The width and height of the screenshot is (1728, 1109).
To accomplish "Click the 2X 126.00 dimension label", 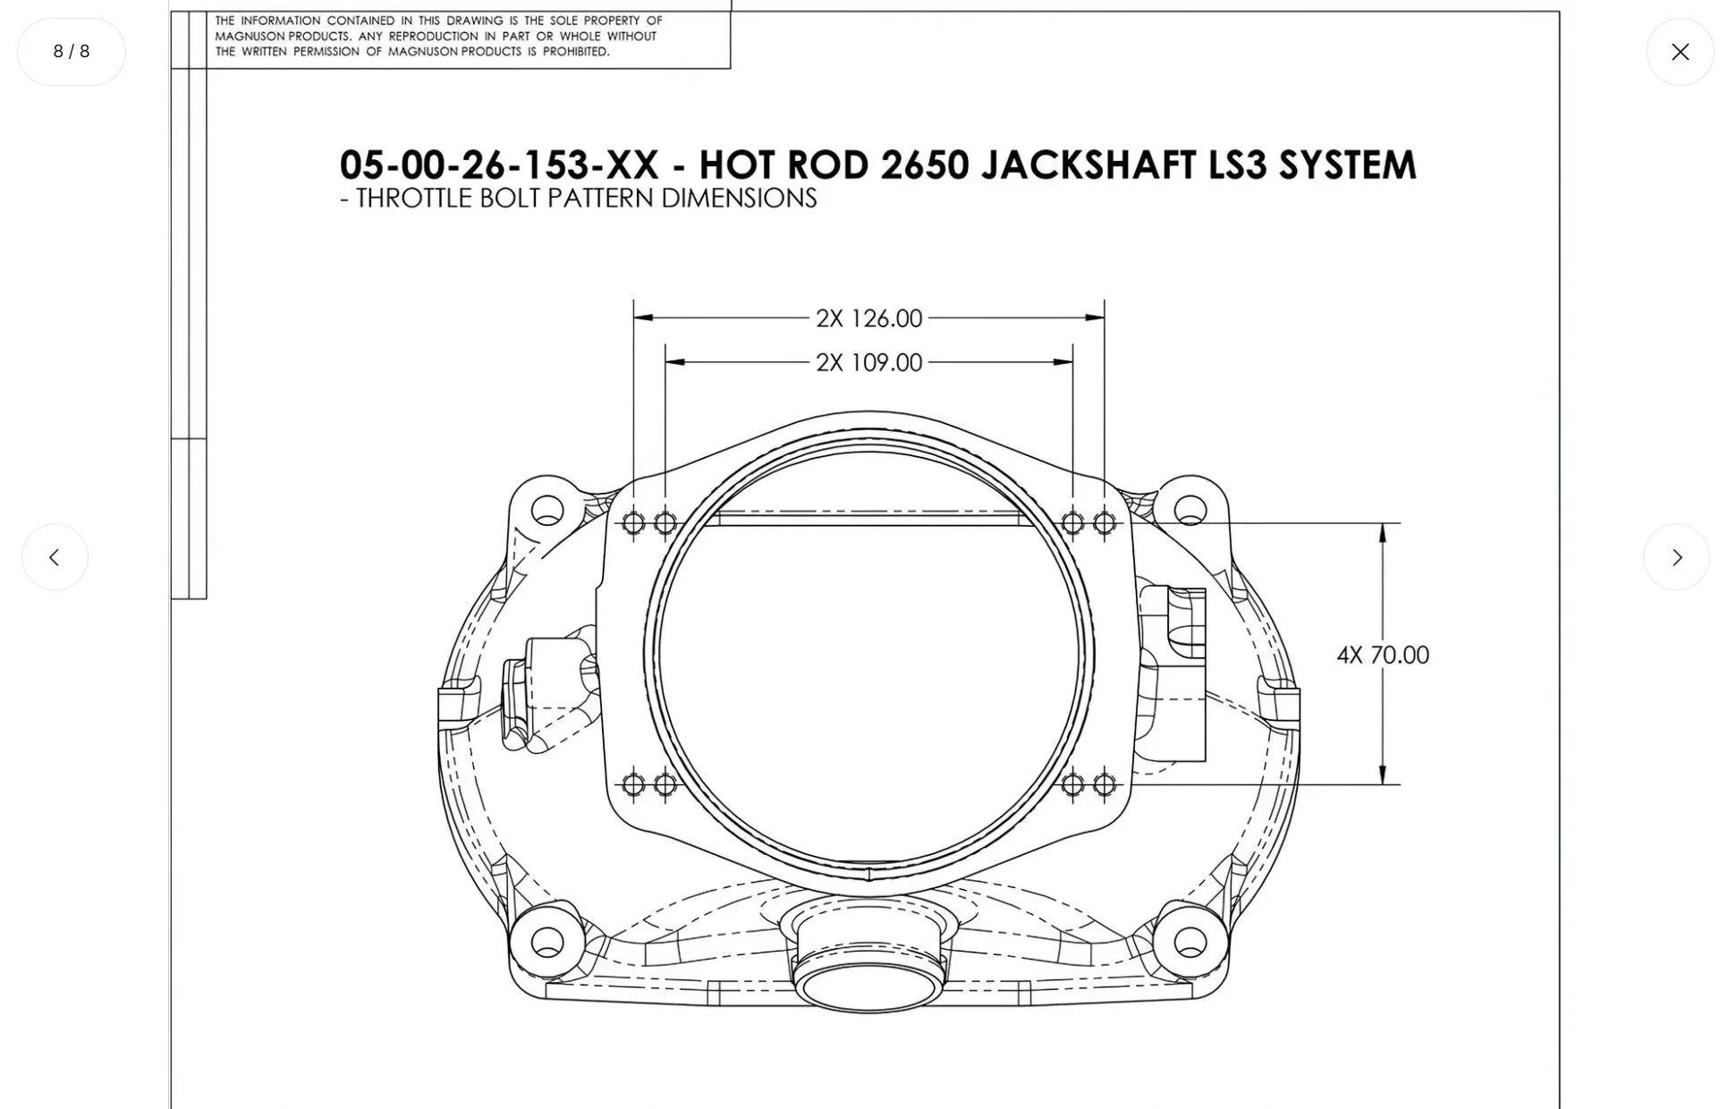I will click(x=868, y=318).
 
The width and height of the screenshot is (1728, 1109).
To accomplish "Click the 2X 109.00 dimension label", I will click(x=868, y=363).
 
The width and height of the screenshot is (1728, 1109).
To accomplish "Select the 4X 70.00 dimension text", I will click(x=1382, y=656).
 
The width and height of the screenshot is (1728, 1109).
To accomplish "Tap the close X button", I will click(x=1680, y=52).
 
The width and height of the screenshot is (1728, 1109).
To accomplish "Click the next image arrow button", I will click(x=1675, y=557).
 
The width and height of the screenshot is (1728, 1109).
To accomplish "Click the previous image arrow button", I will click(x=55, y=557).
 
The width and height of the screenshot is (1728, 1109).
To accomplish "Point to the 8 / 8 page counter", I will click(x=72, y=52).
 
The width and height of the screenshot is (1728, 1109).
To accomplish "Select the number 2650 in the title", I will click(x=925, y=165).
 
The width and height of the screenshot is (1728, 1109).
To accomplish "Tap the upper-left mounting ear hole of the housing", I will click(x=547, y=511).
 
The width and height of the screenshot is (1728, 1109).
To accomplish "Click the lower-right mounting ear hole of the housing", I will click(x=1190, y=942).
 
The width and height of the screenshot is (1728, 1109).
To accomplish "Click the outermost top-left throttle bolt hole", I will click(x=633, y=523).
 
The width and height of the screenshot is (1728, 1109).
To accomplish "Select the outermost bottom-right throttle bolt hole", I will click(x=1104, y=785).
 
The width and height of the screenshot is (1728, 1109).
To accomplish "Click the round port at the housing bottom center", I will click(x=868, y=986).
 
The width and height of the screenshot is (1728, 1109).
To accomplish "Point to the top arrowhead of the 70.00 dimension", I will click(x=1383, y=533).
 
